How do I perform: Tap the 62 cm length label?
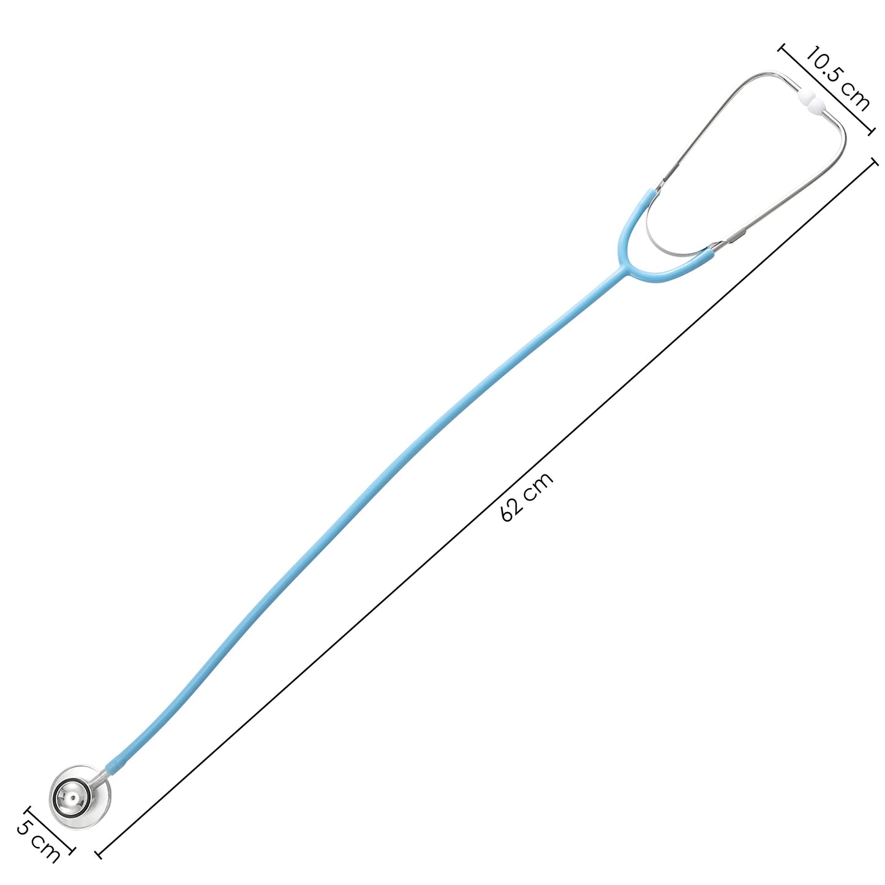527,497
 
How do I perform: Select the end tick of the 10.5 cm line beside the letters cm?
870,132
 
